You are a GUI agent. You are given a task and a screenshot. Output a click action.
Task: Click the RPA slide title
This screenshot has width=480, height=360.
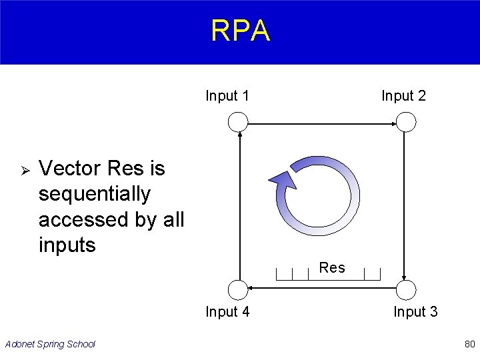point(240,31)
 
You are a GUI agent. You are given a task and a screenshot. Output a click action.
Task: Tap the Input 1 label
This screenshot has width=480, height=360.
point(227,96)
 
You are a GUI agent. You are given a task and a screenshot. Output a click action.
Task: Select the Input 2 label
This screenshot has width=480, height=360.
point(403,96)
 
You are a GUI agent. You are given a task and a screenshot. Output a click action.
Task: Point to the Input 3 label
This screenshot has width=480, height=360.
point(415,311)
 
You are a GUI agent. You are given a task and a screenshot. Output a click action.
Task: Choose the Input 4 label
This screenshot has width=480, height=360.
point(227,311)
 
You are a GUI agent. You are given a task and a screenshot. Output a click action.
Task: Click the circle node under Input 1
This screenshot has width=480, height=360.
point(237,122)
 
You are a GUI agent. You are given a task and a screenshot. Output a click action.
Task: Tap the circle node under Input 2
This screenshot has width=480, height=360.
point(405,122)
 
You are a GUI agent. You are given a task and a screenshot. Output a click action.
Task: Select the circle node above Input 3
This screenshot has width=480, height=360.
point(405,289)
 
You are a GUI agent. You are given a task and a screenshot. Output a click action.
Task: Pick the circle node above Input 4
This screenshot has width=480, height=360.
point(237,289)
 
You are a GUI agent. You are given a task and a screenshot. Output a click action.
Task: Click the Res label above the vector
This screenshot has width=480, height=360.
point(332,268)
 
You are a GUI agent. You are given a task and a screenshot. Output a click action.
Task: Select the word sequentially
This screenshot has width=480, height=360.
point(95,194)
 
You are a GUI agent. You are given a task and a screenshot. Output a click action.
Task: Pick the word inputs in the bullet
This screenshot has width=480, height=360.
point(67,245)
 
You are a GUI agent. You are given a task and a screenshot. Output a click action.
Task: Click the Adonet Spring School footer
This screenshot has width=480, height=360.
point(50,344)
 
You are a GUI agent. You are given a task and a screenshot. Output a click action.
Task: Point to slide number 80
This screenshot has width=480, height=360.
point(469,344)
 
